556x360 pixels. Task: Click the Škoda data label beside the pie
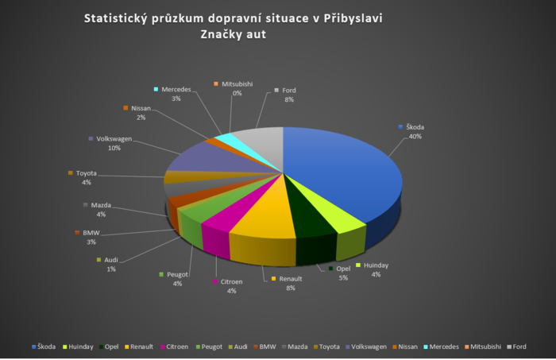click(414, 131)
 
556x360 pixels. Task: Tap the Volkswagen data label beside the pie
click(109, 142)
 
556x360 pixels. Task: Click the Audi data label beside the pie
click(110, 264)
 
